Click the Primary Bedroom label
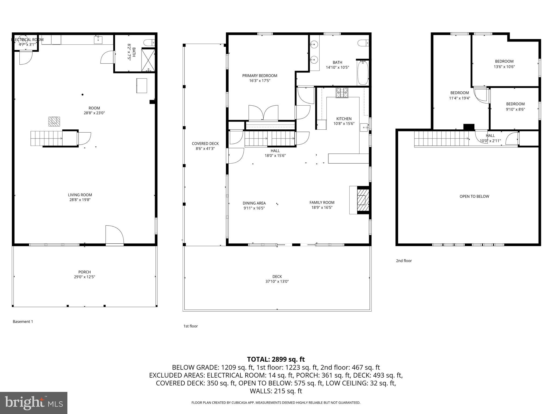click(260, 76)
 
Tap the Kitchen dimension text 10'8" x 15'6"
click(344, 124)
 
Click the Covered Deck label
click(205, 144)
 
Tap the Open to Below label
click(474, 196)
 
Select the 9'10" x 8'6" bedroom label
click(515, 109)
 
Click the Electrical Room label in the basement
click(27, 40)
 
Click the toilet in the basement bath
click(149, 43)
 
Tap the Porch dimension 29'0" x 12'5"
click(84, 277)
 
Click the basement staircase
click(46, 138)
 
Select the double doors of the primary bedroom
click(263, 113)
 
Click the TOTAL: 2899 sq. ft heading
click(276, 359)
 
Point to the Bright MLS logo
click(34, 403)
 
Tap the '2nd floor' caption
click(403, 261)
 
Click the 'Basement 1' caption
click(23, 322)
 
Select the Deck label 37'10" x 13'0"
click(277, 281)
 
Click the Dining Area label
click(254, 203)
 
